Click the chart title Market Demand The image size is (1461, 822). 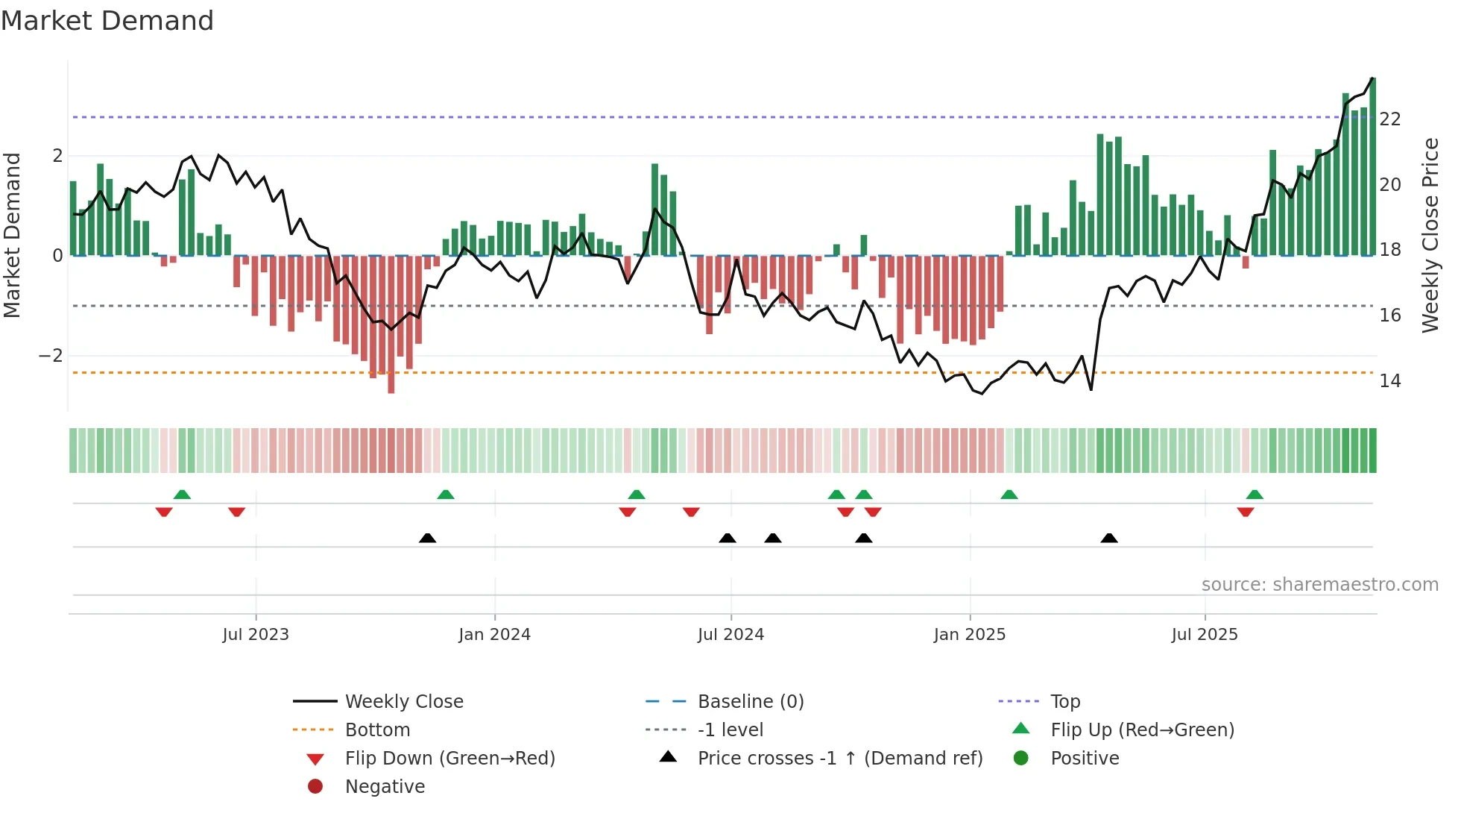click(x=107, y=21)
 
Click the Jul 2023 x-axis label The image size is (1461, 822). click(x=256, y=635)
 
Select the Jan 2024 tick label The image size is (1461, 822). click(x=494, y=635)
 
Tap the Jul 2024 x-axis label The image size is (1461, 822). click(x=730, y=635)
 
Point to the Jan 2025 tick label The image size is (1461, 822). click(x=969, y=635)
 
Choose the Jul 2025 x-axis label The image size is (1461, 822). click(x=1205, y=635)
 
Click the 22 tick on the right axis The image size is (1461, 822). click(x=1390, y=119)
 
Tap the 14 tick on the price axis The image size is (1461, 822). click(x=1390, y=381)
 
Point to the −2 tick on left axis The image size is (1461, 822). click(x=51, y=356)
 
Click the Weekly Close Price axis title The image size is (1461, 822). click(x=1430, y=235)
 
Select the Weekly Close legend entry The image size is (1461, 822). click(x=403, y=702)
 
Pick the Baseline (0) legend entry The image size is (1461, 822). click(x=750, y=702)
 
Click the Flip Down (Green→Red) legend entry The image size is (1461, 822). click(x=449, y=759)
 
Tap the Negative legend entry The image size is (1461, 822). click(x=385, y=787)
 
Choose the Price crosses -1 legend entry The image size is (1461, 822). click(x=839, y=759)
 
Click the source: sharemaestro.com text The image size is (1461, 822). click(x=1319, y=585)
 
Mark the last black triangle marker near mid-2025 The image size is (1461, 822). click(x=1109, y=539)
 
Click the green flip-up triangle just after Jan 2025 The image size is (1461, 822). click(x=1009, y=495)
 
